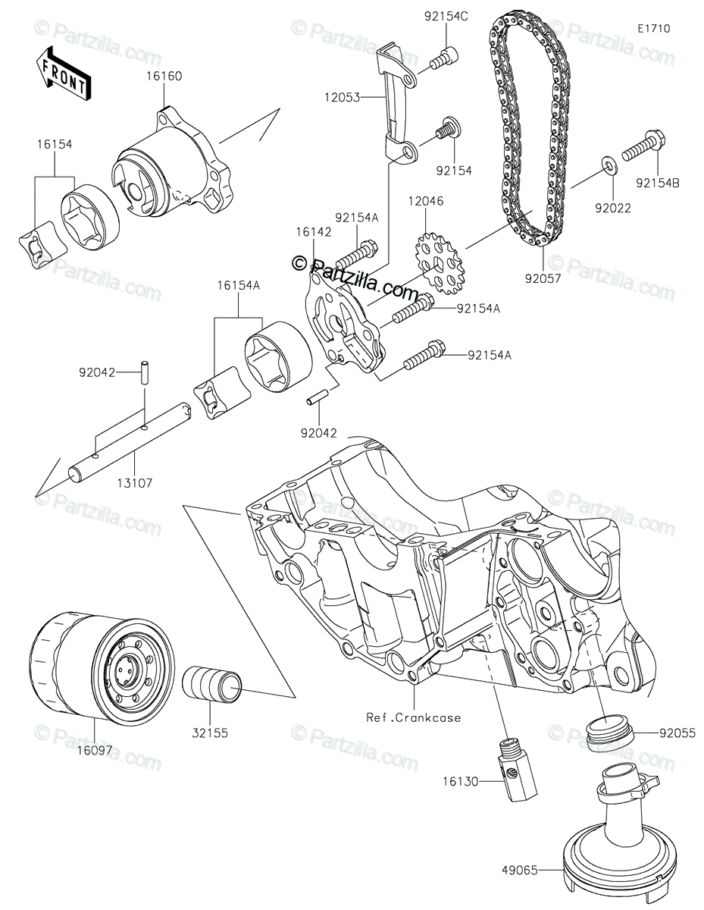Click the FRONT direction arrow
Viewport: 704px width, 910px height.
[x=63, y=73]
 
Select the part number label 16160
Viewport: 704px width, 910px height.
[x=164, y=76]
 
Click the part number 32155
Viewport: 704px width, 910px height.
[x=212, y=733]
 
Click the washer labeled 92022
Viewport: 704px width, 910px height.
[x=609, y=165]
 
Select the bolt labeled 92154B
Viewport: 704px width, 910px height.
[x=645, y=150]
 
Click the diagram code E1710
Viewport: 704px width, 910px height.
[x=653, y=29]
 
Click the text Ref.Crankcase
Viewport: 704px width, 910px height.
[x=413, y=717]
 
